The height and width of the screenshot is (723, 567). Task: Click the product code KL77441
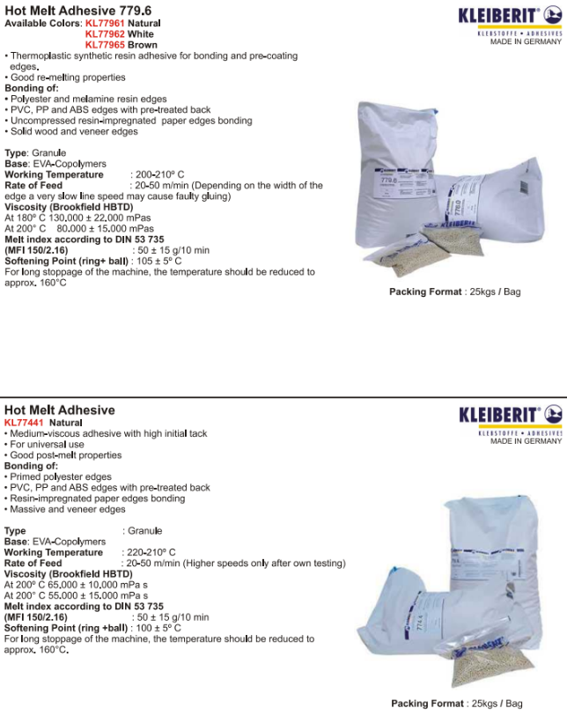(x=22, y=423)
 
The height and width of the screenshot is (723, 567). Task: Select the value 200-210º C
(x=158, y=175)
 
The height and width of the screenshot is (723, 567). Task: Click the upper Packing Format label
(x=425, y=291)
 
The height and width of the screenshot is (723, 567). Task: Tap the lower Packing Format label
(x=427, y=704)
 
